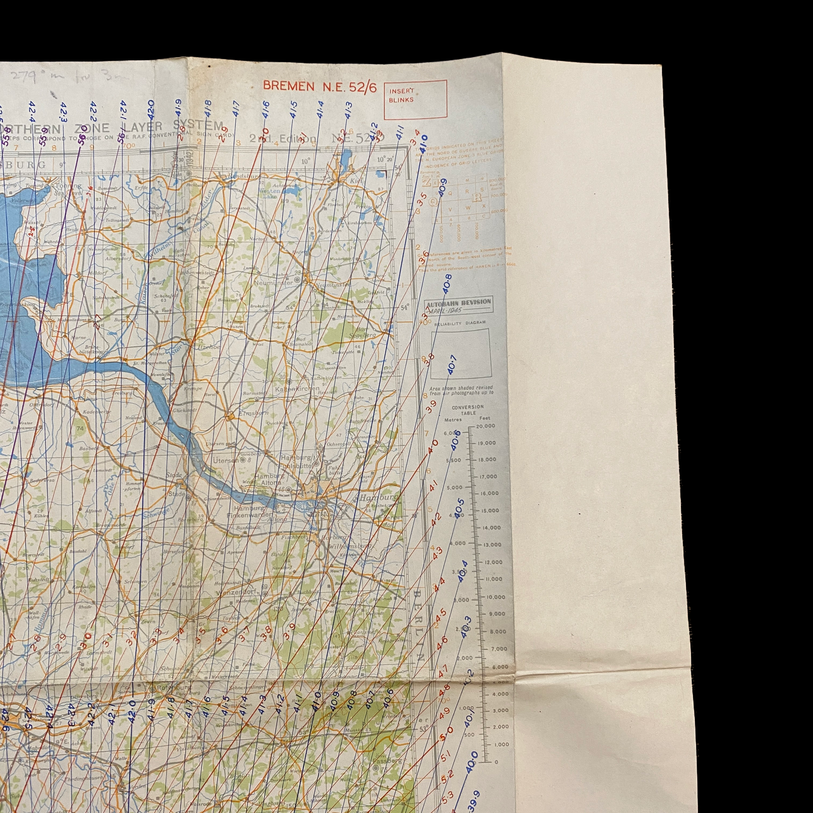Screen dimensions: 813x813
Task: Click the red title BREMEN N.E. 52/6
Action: click(319, 86)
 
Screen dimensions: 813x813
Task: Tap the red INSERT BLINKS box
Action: click(415, 99)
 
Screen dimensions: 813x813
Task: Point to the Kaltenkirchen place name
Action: click(297, 388)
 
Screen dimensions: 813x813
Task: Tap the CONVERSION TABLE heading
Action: click(468, 410)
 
